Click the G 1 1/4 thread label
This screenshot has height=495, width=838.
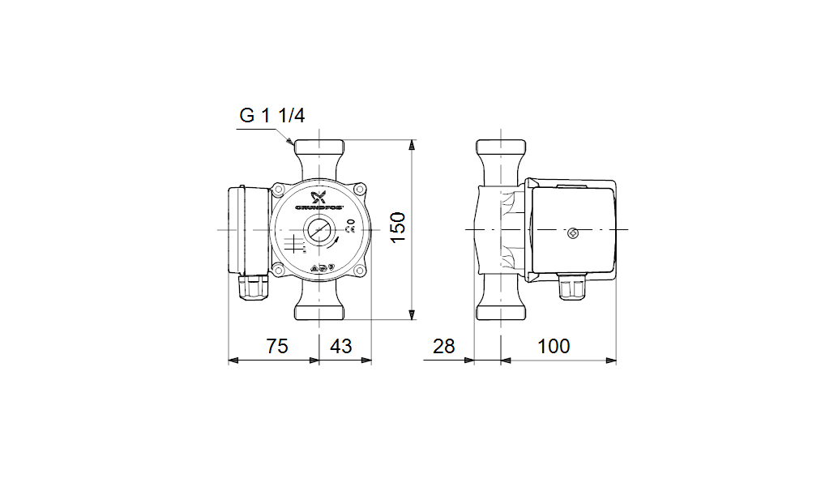click(x=271, y=116)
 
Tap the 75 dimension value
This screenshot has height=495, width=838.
click(x=277, y=347)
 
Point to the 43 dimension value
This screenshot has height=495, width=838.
click(x=341, y=347)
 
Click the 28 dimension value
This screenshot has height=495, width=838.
click(x=443, y=347)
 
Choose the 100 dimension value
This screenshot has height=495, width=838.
click(x=554, y=347)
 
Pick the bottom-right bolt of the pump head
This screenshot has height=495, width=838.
click(x=360, y=271)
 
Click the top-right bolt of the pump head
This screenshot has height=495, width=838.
click(x=360, y=190)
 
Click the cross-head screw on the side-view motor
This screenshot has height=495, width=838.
click(x=574, y=234)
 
